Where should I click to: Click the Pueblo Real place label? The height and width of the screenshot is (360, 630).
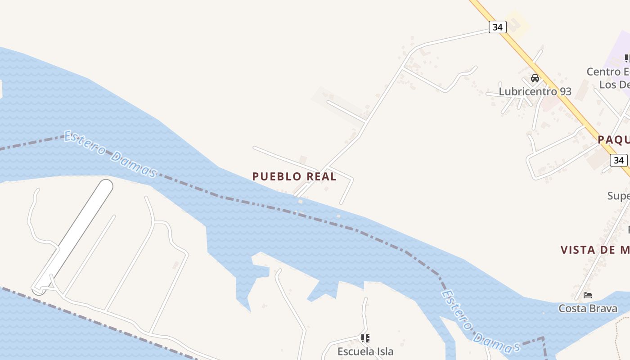click(x=294, y=176)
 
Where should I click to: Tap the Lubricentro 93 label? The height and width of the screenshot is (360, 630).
click(x=535, y=91)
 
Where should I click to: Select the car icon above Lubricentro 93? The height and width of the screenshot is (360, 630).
click(x=535, y=78)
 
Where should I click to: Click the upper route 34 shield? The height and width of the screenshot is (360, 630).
click(x=497, y=27)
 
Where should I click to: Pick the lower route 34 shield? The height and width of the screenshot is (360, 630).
click(x=619, y=160)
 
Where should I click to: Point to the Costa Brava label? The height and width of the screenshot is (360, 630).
click(x=588, y=308)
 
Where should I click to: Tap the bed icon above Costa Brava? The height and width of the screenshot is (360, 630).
click(x=588, y=295)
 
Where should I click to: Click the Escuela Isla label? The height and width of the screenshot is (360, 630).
click(x=365, y=351)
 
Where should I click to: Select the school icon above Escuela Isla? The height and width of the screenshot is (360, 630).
click(x=365, y=338)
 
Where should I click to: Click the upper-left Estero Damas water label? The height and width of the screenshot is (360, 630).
click(x=110, y=154)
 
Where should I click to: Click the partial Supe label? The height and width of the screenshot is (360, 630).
click(x=618, y=196)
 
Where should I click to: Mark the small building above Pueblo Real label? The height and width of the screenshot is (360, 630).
click(x=303, y=160)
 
